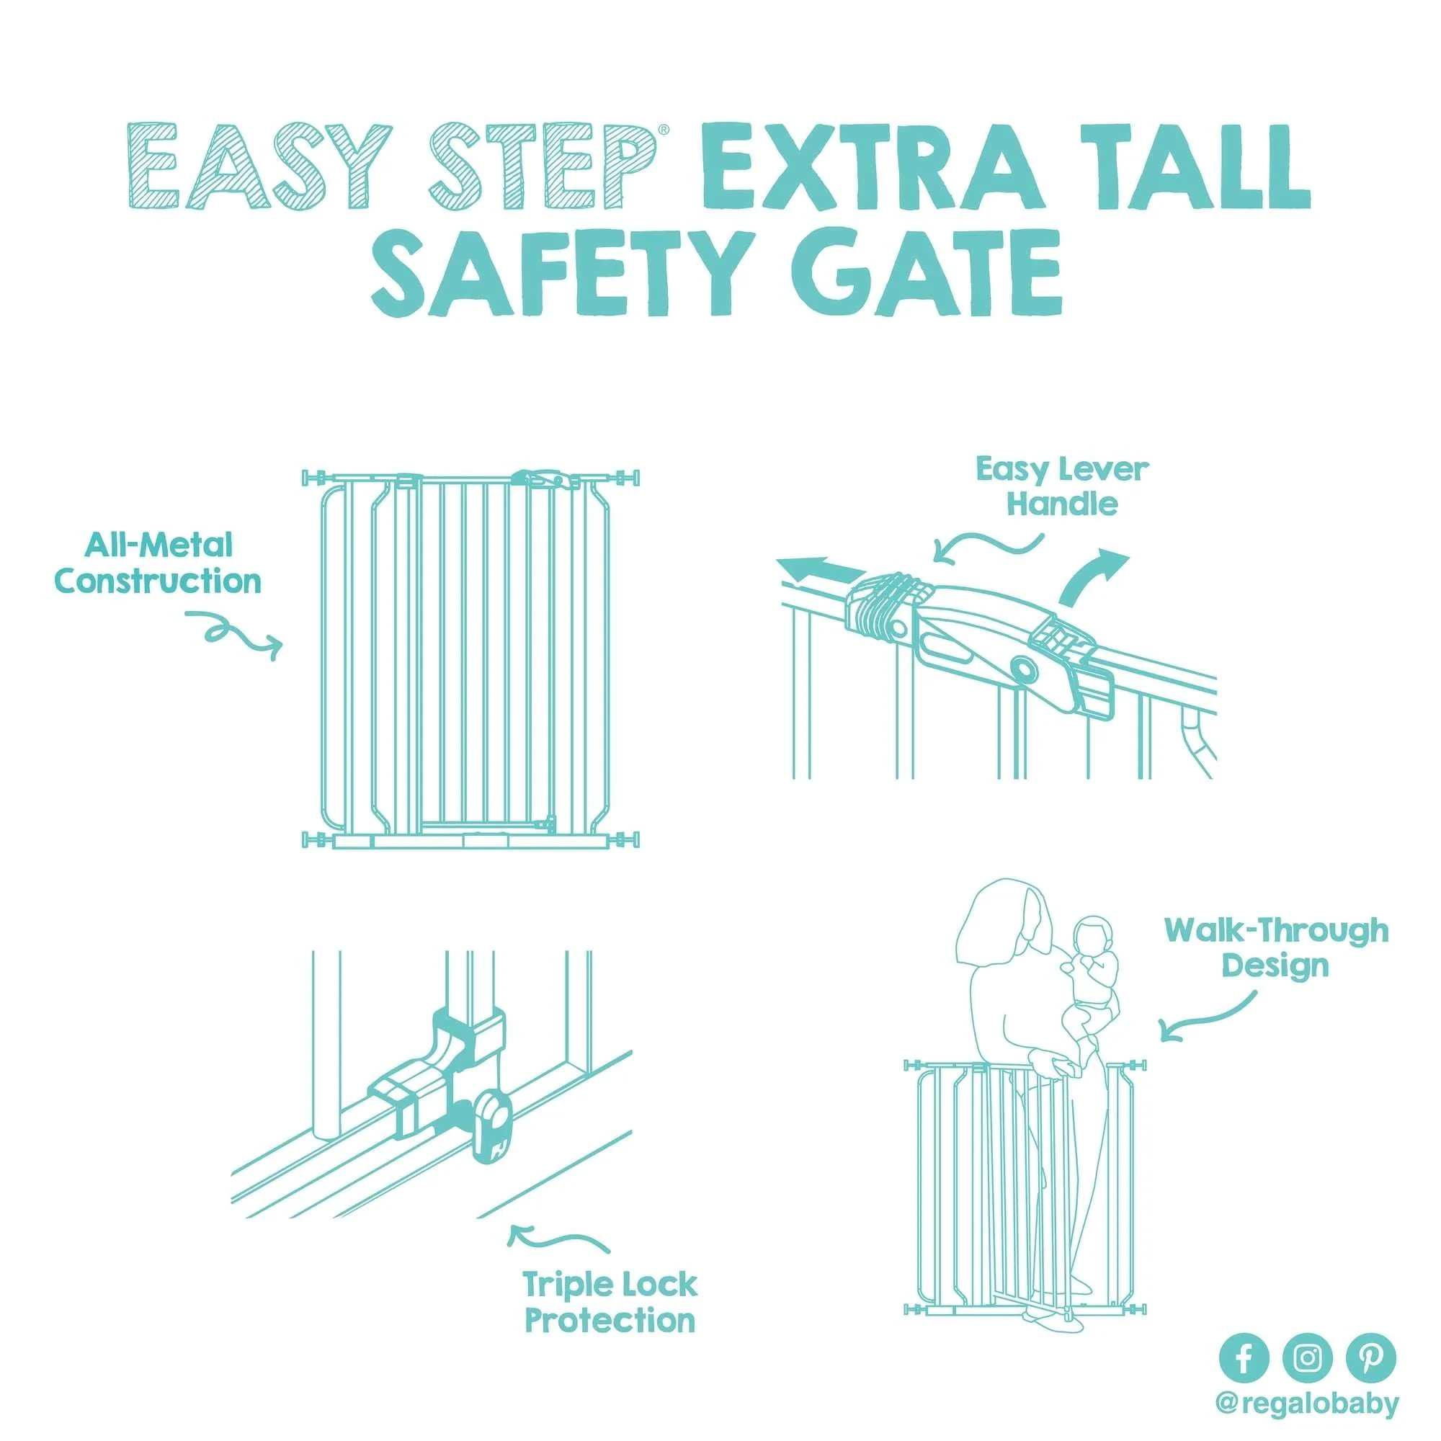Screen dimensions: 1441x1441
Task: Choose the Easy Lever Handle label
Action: (x=1062, y=487)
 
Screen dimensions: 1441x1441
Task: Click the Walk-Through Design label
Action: (x=1276, y=947)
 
